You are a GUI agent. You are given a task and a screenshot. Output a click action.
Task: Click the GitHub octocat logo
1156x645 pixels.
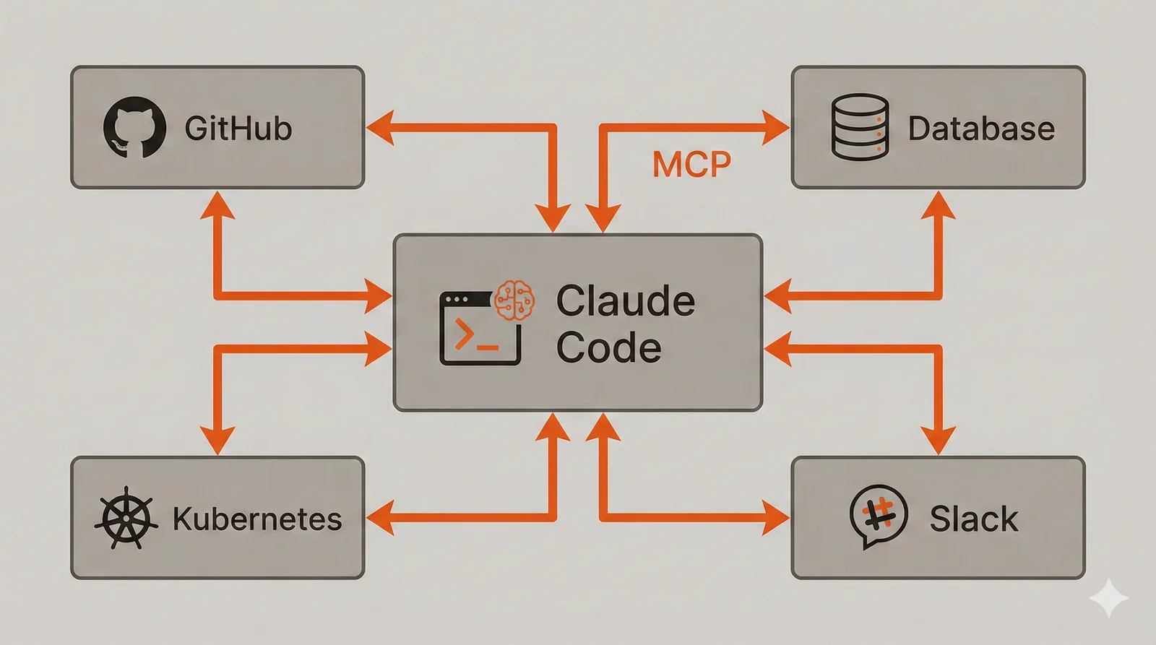[x=134, y=127]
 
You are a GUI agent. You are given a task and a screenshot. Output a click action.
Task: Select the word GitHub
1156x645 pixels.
[x=238, y=129]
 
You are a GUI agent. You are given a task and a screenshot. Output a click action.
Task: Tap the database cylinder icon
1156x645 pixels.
[x=859, y=127]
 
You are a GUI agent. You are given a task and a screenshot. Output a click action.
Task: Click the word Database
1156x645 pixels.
[x=980, y=129]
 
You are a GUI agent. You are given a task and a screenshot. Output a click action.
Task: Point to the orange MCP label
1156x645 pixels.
[x=691, y=164]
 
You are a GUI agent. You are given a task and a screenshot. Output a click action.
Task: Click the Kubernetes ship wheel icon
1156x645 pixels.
[x=126, y=517]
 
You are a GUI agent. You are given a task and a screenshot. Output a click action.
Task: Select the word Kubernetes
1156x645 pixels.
[x=256, y=519]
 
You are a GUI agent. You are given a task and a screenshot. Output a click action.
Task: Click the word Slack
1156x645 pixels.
[x=973, y=519]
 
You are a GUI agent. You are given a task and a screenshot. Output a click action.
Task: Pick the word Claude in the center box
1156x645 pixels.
[x=625, y=300]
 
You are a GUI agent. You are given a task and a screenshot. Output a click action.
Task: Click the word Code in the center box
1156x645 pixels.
[x=608, y=347]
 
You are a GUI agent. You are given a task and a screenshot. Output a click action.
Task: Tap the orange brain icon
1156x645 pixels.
[x=514, y=300]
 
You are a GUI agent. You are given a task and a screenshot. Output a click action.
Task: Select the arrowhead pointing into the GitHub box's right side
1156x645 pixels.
[x=380, y=128]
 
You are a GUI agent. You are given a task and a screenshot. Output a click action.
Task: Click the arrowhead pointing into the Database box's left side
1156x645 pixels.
[x=776, y=128]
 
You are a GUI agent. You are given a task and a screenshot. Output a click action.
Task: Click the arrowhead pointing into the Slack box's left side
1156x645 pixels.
[x=776, y=517]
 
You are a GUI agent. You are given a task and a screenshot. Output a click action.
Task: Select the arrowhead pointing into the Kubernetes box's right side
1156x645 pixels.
[x=380, y=517]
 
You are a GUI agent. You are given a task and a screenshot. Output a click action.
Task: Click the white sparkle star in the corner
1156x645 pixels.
[x=1108, y=597]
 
